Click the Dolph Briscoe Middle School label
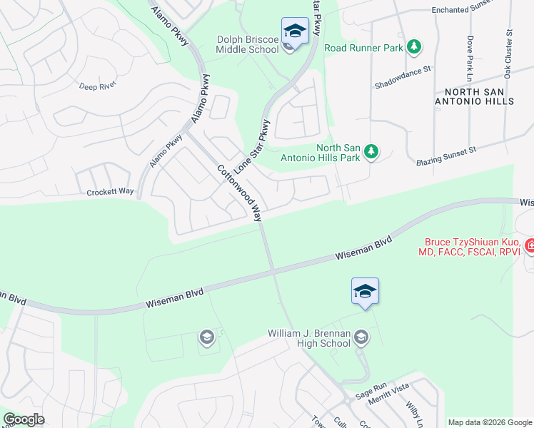click(x=247, y=44)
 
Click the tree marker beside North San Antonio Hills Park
click(x=371, y=151)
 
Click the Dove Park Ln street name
click(x=470, y=58)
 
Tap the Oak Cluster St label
click(x=508, y=53)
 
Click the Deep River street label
click(x=97, y=86)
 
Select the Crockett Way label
click(x=110, y=192)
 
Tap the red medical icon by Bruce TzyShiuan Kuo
click(x=530, y=247)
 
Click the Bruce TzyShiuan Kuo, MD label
click(x=473, y=247)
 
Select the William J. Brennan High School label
click(x=310, y=338)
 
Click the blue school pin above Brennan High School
click(x=365, y=291)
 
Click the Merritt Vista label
click(x=388, y=400)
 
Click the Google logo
click(x=24, y=419)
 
